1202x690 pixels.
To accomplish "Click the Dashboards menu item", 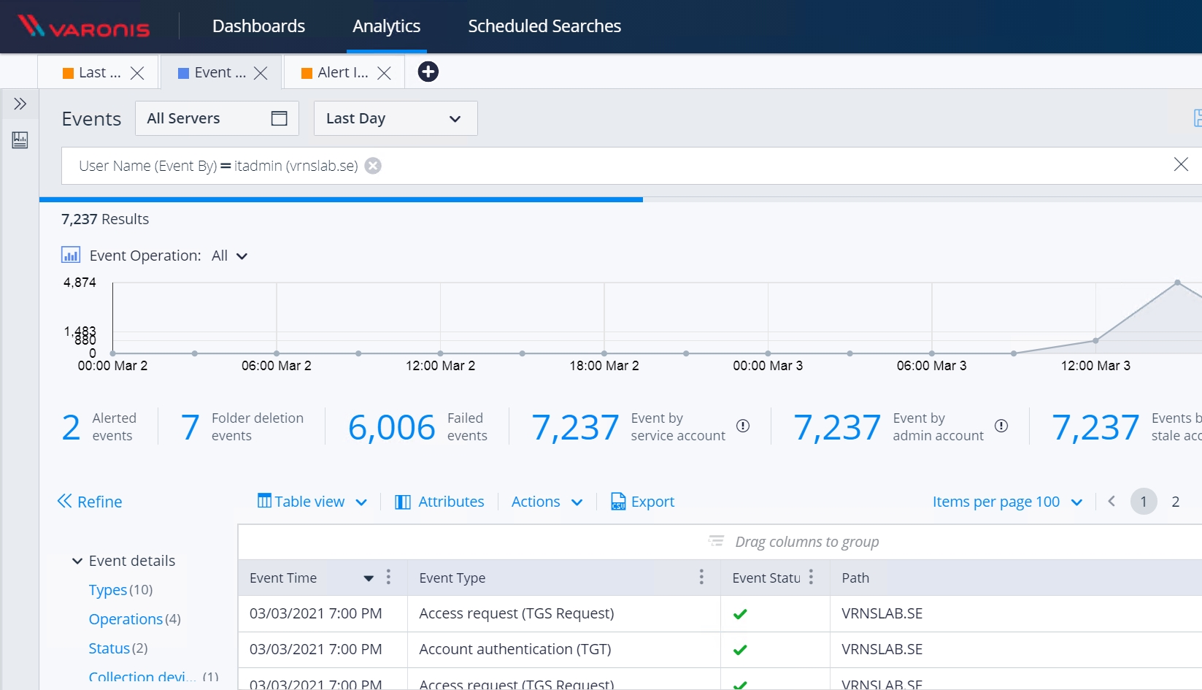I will (x=258, y=26).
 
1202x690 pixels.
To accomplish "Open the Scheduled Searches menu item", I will (x=544, y=26).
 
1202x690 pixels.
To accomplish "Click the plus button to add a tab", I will (x=428, y=72).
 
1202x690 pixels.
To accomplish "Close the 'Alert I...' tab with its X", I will (x=384, y=73).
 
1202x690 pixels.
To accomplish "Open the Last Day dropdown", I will (x=395, y=118).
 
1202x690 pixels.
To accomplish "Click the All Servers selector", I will (x=216, y=118).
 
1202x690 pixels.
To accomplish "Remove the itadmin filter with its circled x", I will (x=373, y=166).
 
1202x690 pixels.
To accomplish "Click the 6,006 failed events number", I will (x=391, y=427).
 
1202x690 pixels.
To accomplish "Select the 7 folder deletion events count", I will (x=190, y=427).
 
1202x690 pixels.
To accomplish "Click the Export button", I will (x=642, y=502).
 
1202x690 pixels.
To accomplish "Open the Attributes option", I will (x=439, y=502).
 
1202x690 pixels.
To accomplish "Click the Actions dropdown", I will (x=546, y=502).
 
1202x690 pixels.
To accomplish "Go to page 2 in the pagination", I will (x=1175, y=502).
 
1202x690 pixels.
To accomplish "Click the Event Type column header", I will (x=452, y=578).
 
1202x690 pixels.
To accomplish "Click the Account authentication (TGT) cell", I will (x=515, y=649).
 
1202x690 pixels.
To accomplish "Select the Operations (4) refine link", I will (x=126, y=619).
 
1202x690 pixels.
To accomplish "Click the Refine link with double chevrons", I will (x=90, y=502).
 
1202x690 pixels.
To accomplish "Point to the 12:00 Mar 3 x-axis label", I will (x=1095, y=366).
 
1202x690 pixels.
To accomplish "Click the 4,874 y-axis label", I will (x=80, y=283).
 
